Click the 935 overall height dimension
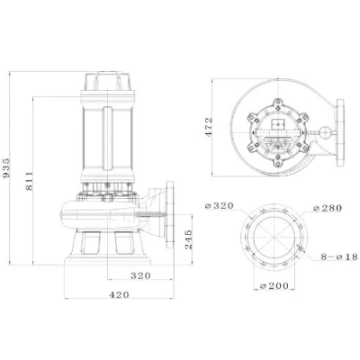point(6,167)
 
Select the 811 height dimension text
point(29,181)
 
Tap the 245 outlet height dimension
point(188,239)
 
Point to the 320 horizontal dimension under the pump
point(140,275)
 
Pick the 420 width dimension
point(119,295)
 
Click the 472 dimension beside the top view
point(209,127)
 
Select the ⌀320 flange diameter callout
point(219,206)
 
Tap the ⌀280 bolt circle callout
point(327,208)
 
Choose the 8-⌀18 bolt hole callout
point(339,256)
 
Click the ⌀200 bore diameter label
point(274,286)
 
